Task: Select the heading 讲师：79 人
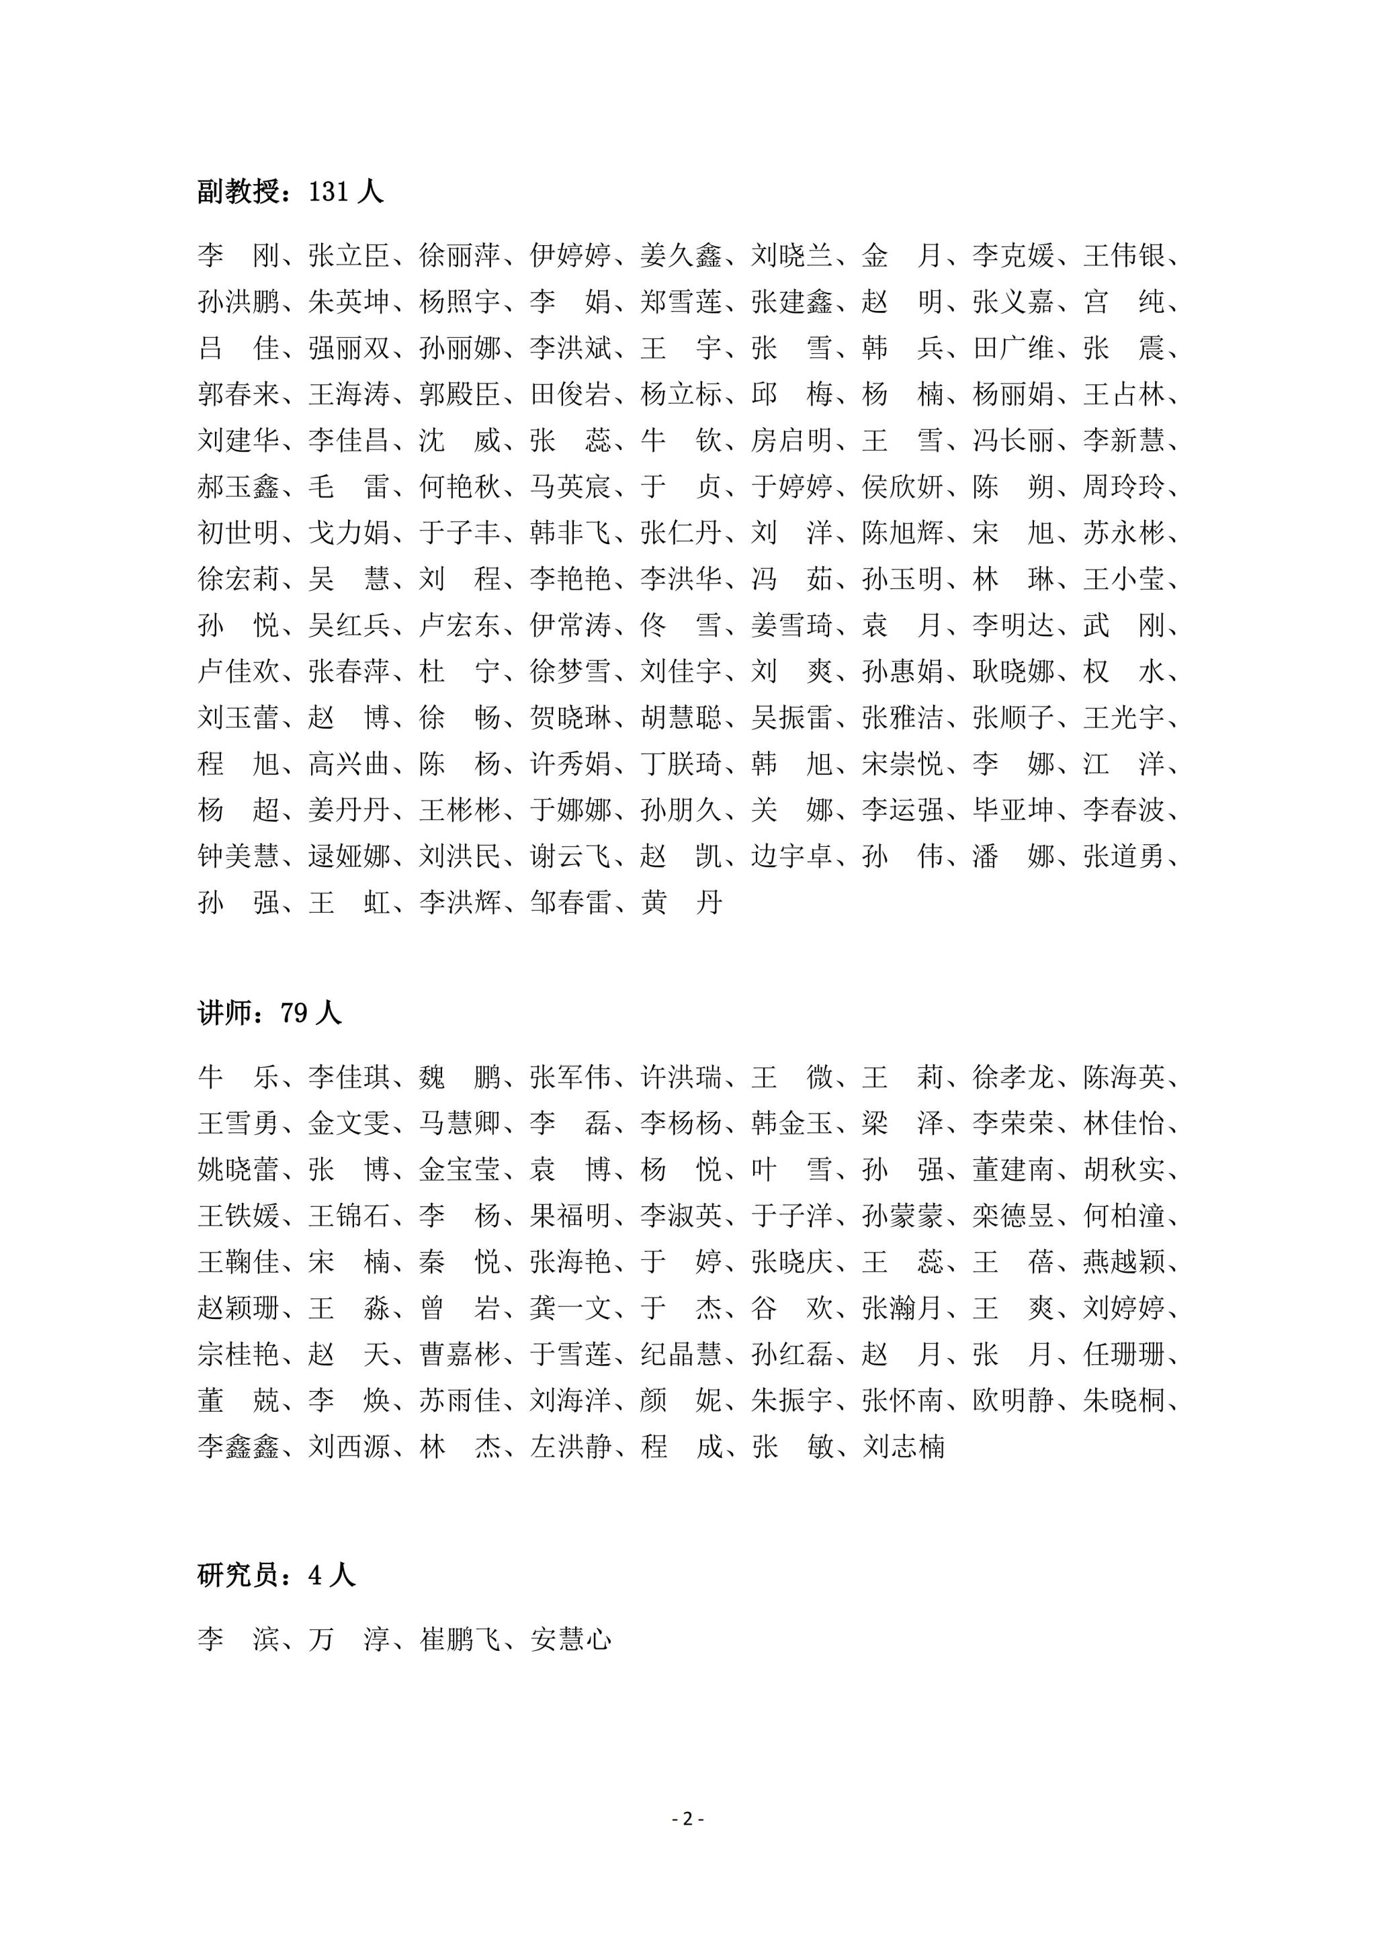point(269,1013)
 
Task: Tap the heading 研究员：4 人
point(276,1575)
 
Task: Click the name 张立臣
point(348,255)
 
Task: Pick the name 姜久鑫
point(681,255)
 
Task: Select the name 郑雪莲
point(681,302)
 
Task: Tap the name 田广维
point(1013,348)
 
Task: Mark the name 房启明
point(791,441)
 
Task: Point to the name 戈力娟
point(348,533)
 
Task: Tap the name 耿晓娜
point(1013,672)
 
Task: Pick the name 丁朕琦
point(681,764)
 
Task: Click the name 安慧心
point(570,1639)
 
